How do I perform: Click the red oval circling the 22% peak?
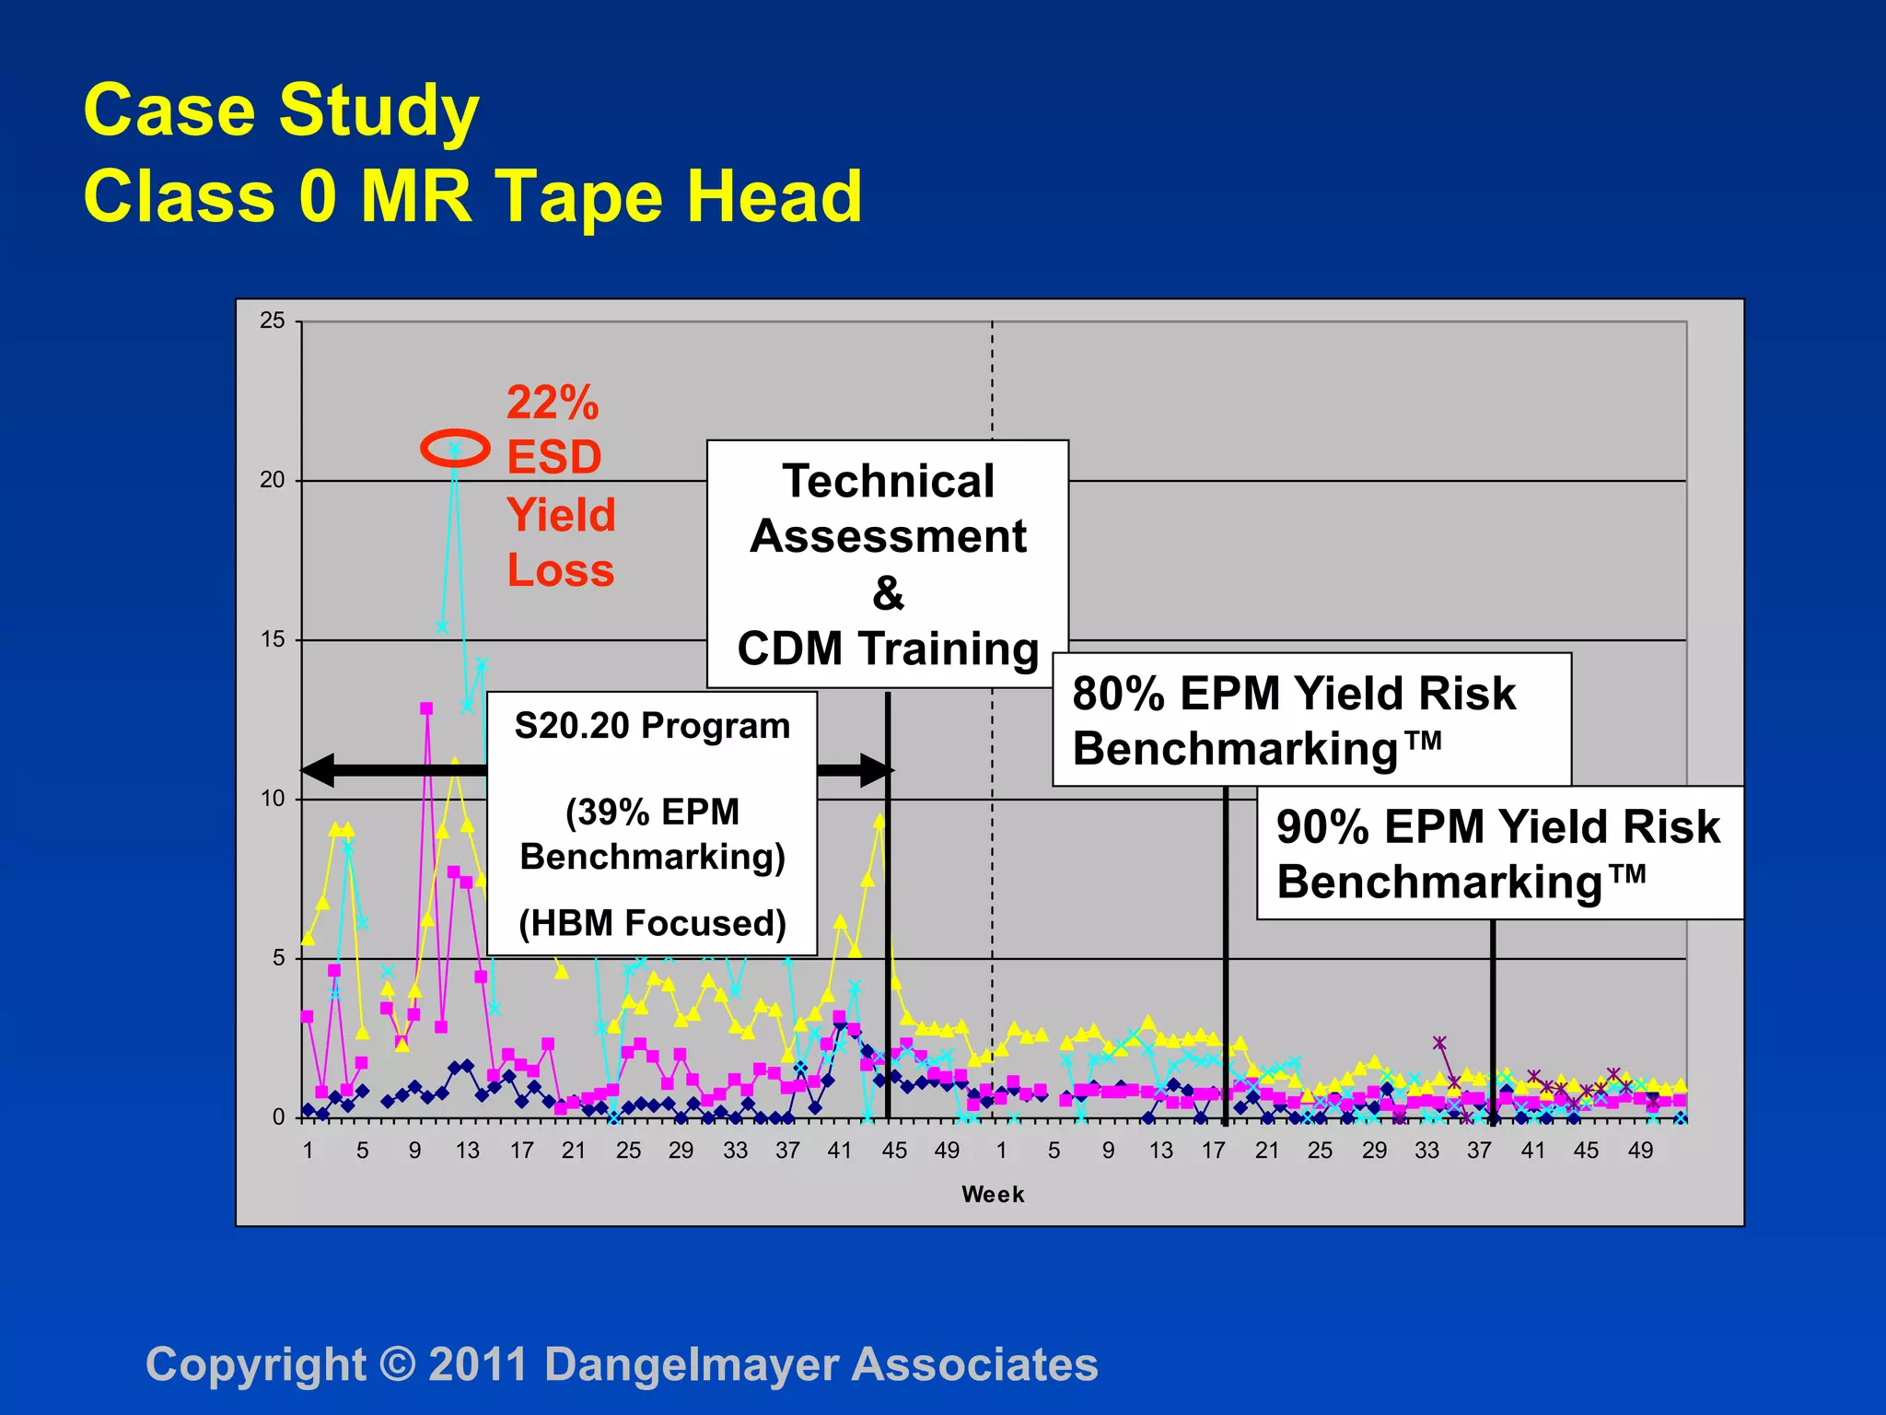[455, 449]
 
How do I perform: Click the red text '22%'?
[553, 403]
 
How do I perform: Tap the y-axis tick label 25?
[273, 321]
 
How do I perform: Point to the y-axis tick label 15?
[273, 639]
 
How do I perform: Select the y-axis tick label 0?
[278, 1117]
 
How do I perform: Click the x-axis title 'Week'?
[993, 1195]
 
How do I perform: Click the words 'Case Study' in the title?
[281, 111]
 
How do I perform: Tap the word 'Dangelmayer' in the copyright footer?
[692, 1364]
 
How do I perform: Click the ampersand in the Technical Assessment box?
[888, 593]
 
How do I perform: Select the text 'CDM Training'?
[888, 649]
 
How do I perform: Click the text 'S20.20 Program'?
[652, 726]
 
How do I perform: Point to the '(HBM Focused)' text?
[652, 923]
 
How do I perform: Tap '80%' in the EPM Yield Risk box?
[1118, 694]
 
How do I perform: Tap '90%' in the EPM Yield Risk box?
[1322, 826]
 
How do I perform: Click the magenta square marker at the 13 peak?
[426, 708]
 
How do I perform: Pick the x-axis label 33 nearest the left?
[735, 1151]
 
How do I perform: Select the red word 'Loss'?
[560, 570]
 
